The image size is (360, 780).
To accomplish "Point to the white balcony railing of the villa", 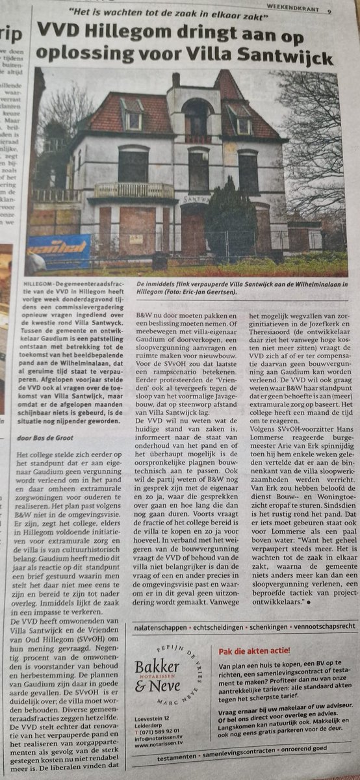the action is tap(135, 190).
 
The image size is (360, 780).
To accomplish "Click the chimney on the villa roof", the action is tap(175, 79).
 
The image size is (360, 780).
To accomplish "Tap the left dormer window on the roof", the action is tap(134, 116).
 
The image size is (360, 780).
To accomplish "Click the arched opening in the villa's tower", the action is tap(196, 118).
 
